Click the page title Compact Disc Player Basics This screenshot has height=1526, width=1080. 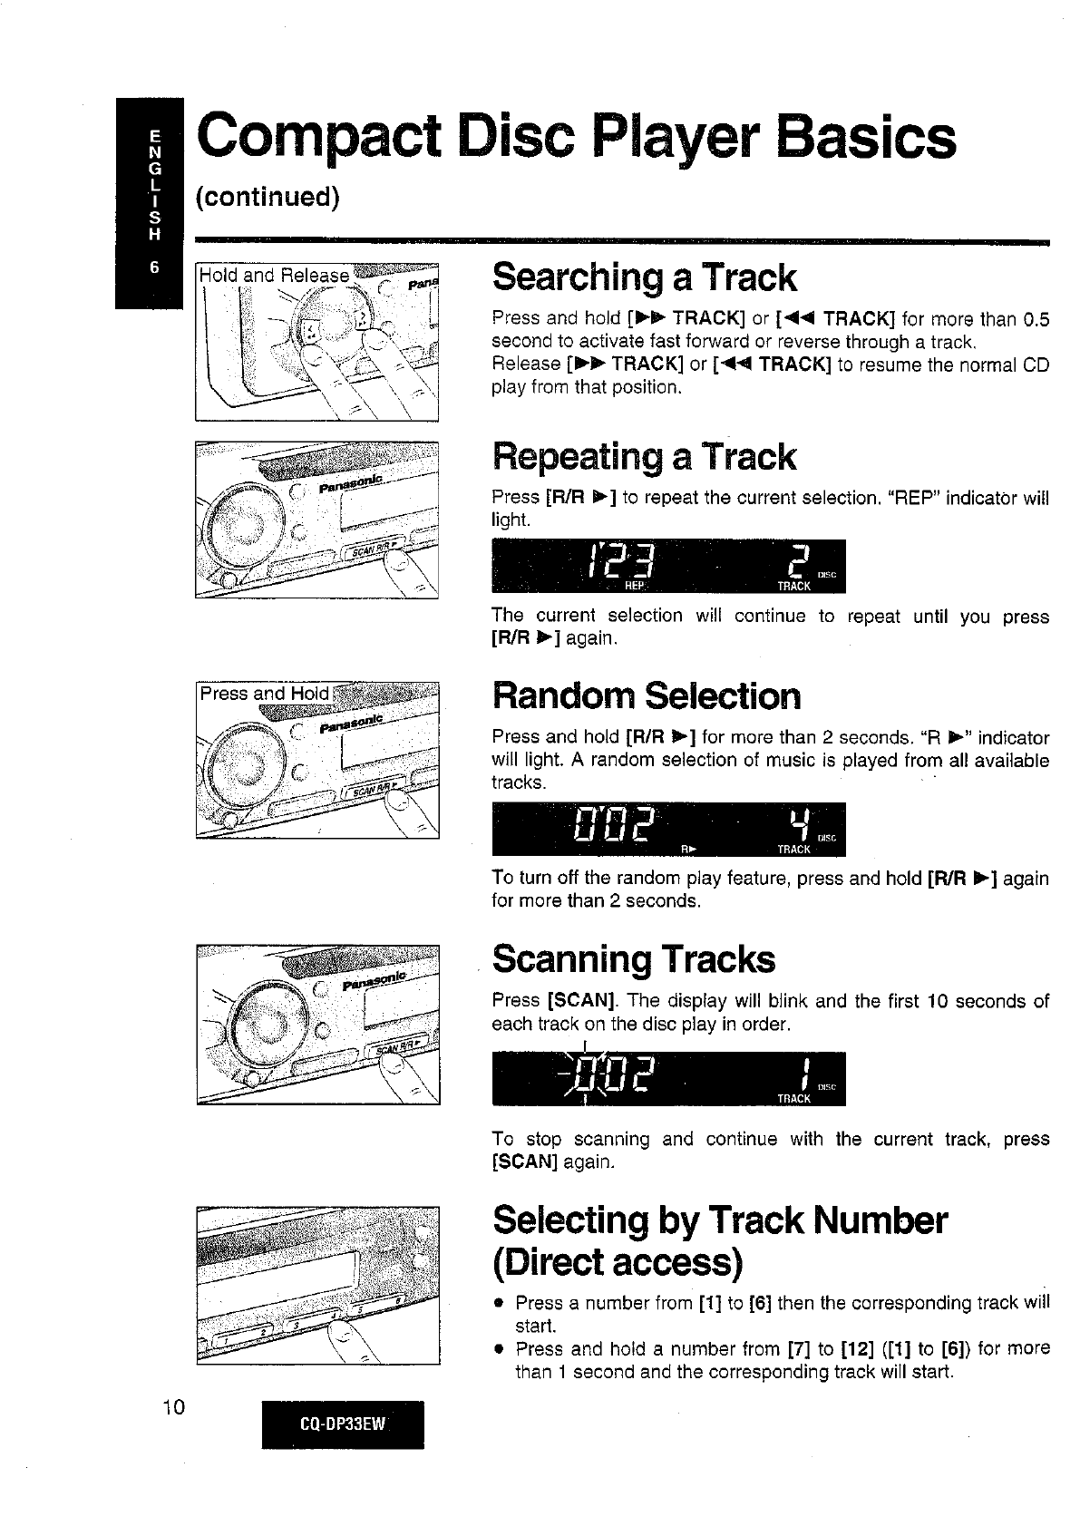[577, 139]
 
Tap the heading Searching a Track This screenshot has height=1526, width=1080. [644, 277]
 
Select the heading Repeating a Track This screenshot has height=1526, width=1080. [644, 456]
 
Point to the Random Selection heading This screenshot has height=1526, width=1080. [647, 696]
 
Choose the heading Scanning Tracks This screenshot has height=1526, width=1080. [634, 958]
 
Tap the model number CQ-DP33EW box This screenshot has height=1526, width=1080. [343, 1423]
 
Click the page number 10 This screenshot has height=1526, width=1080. [172, 1407]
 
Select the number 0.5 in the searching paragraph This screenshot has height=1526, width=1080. [1035, 318]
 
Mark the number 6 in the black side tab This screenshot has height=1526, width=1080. [154, 268]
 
